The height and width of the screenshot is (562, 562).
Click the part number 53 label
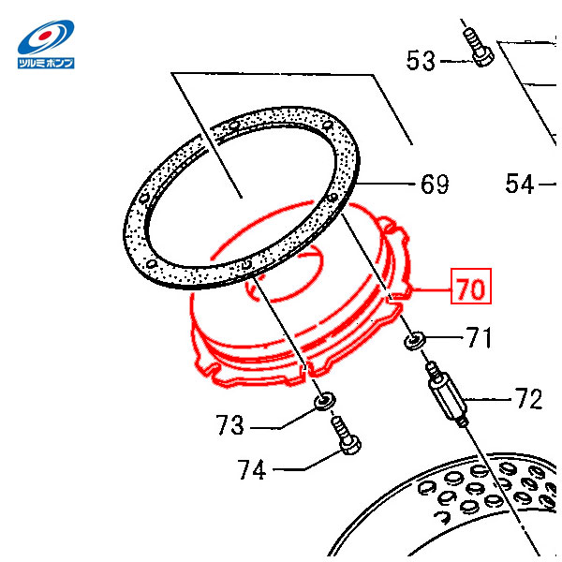tap(421, 60)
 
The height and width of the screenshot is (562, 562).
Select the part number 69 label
tap(435, 185)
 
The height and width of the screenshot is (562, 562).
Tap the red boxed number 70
tap(470, 286)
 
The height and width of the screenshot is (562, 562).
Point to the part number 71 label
tap(480, 337)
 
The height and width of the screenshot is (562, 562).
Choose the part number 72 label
tap(528, 398)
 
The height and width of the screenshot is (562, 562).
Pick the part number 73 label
tap(230, 424)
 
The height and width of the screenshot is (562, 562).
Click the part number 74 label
tap(252, 469)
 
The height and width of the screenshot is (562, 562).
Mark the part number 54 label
tap(520, 185)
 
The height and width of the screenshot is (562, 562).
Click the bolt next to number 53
tap(478, 48)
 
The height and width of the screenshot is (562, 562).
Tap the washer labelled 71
tap(414, 340)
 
